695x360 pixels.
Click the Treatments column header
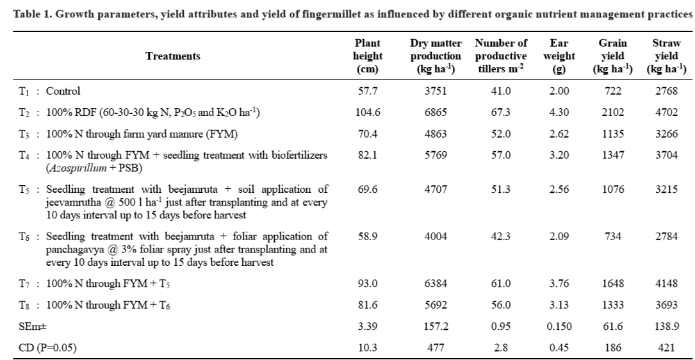click(x=173, y=56)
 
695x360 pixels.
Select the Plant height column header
click(x=368, y=56)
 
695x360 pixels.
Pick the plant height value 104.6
click(x=368, y=113)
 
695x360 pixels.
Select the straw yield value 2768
click(x=667, y=92)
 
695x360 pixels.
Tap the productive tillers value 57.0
click(x=501, y=155)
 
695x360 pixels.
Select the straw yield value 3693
click(x=667, y=305)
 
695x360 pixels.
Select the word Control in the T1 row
click(x=63, y=92)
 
